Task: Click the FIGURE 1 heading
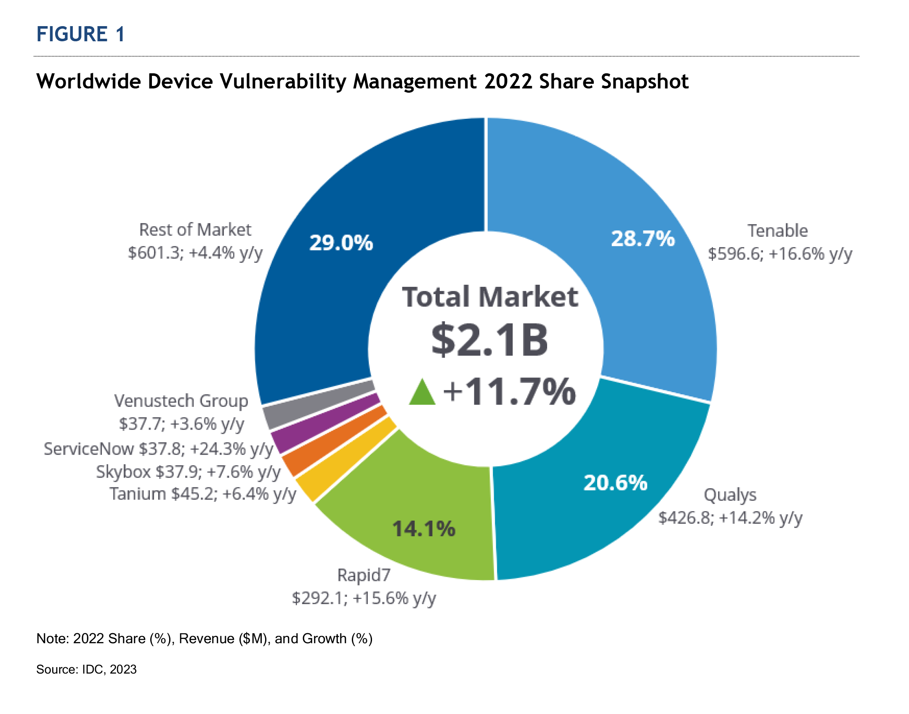coord(80,34)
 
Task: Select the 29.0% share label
coord(341,243)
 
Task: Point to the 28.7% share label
coord(643,238)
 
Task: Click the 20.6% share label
coord(615,483)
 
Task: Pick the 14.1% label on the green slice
coord(423,529)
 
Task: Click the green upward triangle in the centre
coord(422,393)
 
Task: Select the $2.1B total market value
coord(490,340)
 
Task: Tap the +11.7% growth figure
coord(509,392)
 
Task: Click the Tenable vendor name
coord(777,231)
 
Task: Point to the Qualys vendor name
coord(730,495)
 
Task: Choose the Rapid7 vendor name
coord(364,575)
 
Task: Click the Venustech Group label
coord(181,401)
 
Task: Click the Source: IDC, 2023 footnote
coord(86,669)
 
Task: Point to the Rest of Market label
coord(195,230)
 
